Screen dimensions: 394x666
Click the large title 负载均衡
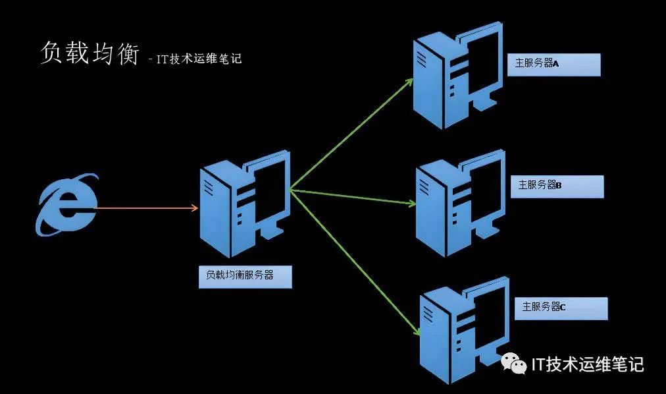point(89,53)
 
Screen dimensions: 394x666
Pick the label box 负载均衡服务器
point(245,276)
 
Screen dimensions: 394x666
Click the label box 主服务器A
point(553,65)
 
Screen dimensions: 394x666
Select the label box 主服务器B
point(557,186)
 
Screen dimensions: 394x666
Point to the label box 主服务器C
point(561,307)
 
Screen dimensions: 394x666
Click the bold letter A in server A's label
point(555,65)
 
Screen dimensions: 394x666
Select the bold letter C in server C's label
point(563,307)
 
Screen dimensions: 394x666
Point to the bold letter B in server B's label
point(559,186)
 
